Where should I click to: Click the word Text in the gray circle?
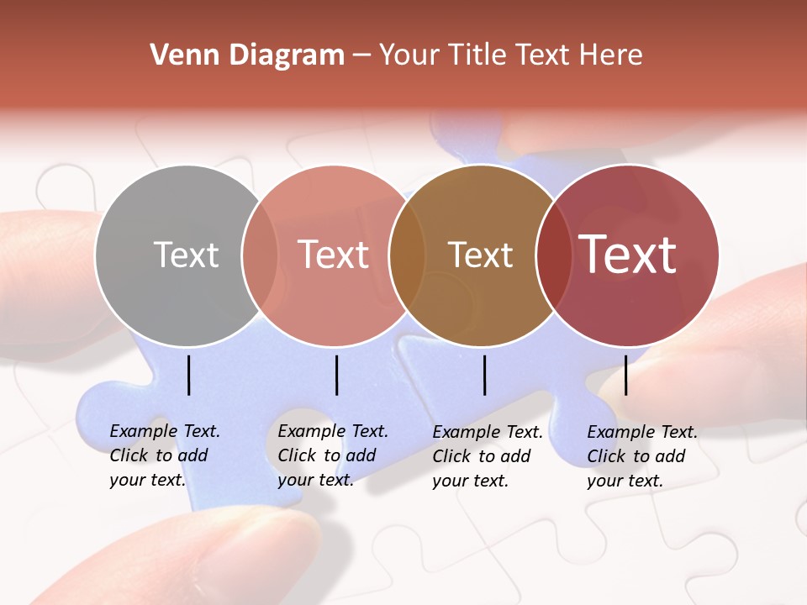186,255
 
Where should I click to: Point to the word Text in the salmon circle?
334,255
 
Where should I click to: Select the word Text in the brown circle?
481,255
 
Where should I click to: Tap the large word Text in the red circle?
628,254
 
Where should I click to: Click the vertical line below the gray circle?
189,375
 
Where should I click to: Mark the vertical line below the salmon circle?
336,375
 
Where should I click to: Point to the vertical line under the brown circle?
485,375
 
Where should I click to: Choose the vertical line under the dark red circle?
626,375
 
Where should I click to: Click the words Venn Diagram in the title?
247,55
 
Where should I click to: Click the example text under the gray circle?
164,455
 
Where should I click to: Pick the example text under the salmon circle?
332,455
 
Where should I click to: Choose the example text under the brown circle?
487,456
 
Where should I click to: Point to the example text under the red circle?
641,456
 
